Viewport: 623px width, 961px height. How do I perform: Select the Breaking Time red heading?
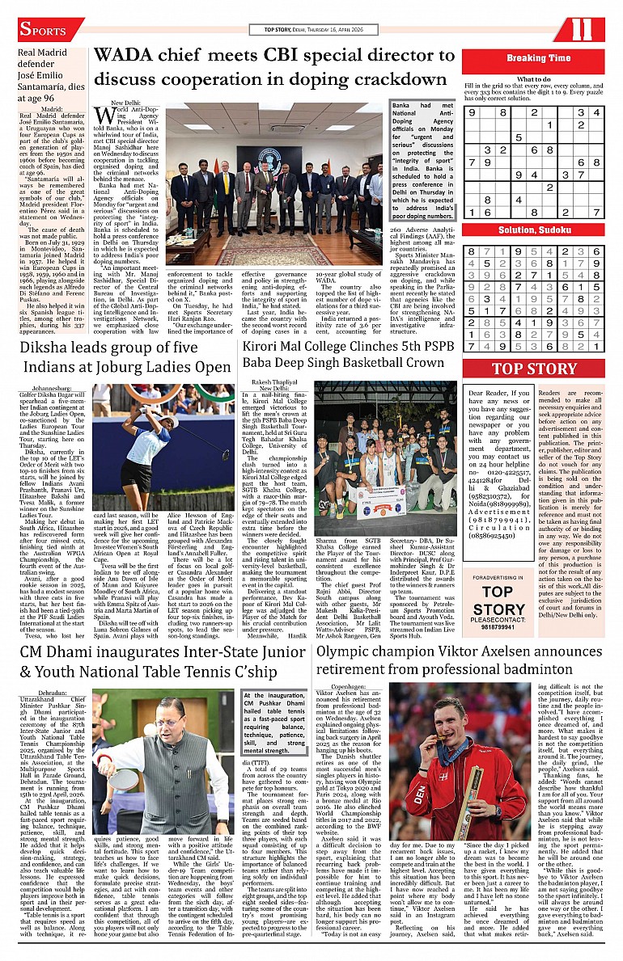coord(538,58)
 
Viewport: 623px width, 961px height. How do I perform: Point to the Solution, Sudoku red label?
coord(538,230)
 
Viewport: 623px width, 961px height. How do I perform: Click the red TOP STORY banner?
coord(535,369)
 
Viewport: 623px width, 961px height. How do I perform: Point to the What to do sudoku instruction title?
coord(534,79)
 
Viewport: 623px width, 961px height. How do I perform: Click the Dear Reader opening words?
coord(490,394)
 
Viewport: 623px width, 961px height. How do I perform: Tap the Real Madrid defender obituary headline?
coord(49,74)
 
